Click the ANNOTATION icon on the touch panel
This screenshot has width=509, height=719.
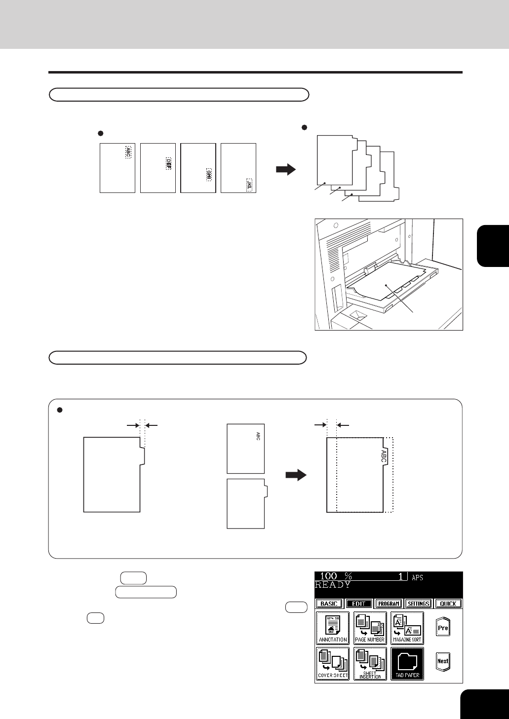click(x=333, y=628)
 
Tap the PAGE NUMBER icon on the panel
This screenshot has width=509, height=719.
click(x=370, y=628)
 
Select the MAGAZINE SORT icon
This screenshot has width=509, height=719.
click(x=407, y=628)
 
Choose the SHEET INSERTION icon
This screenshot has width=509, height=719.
click(x=370, y=664)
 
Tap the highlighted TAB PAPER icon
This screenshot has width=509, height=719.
click(x=407, y=664)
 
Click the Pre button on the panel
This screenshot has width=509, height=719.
click(x=443, y=628)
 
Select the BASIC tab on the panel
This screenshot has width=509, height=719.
click(x=329, y=604)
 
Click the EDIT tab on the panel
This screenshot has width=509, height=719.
click(x=358, y=604)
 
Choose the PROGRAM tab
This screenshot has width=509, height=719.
click(x=389, y=604)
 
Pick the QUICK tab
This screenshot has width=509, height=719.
click(x=448, y=604)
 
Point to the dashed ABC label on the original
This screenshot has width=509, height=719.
click(x=128, y=152)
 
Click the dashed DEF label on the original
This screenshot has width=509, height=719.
click(x=168, y=164)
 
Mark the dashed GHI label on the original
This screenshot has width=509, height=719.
click(x=209, y=174)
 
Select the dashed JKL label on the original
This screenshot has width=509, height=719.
click(x=249, y=185)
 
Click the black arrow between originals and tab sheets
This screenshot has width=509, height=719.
click(x=285, y=170)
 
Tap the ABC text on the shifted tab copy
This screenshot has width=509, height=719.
click(x=384, y=455)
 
